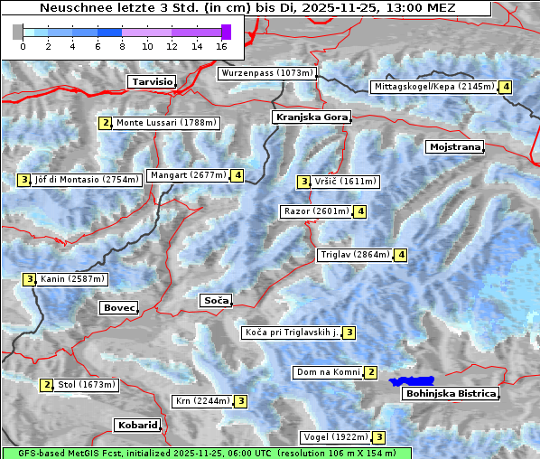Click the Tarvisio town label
152,81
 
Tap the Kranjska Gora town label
310,117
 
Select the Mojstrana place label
455,146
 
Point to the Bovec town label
118,308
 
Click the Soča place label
216,300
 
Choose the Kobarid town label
137,425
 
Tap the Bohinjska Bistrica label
451,394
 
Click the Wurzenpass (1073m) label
267,73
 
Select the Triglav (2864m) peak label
355,255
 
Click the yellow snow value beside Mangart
237,175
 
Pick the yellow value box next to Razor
360,211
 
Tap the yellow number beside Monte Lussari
106,123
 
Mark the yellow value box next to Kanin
30,279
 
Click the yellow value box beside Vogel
379,437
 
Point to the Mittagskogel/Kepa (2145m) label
434,87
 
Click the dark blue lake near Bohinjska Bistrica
411,382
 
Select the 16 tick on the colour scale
222,46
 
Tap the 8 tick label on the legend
122,46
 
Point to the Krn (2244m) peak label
202,401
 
